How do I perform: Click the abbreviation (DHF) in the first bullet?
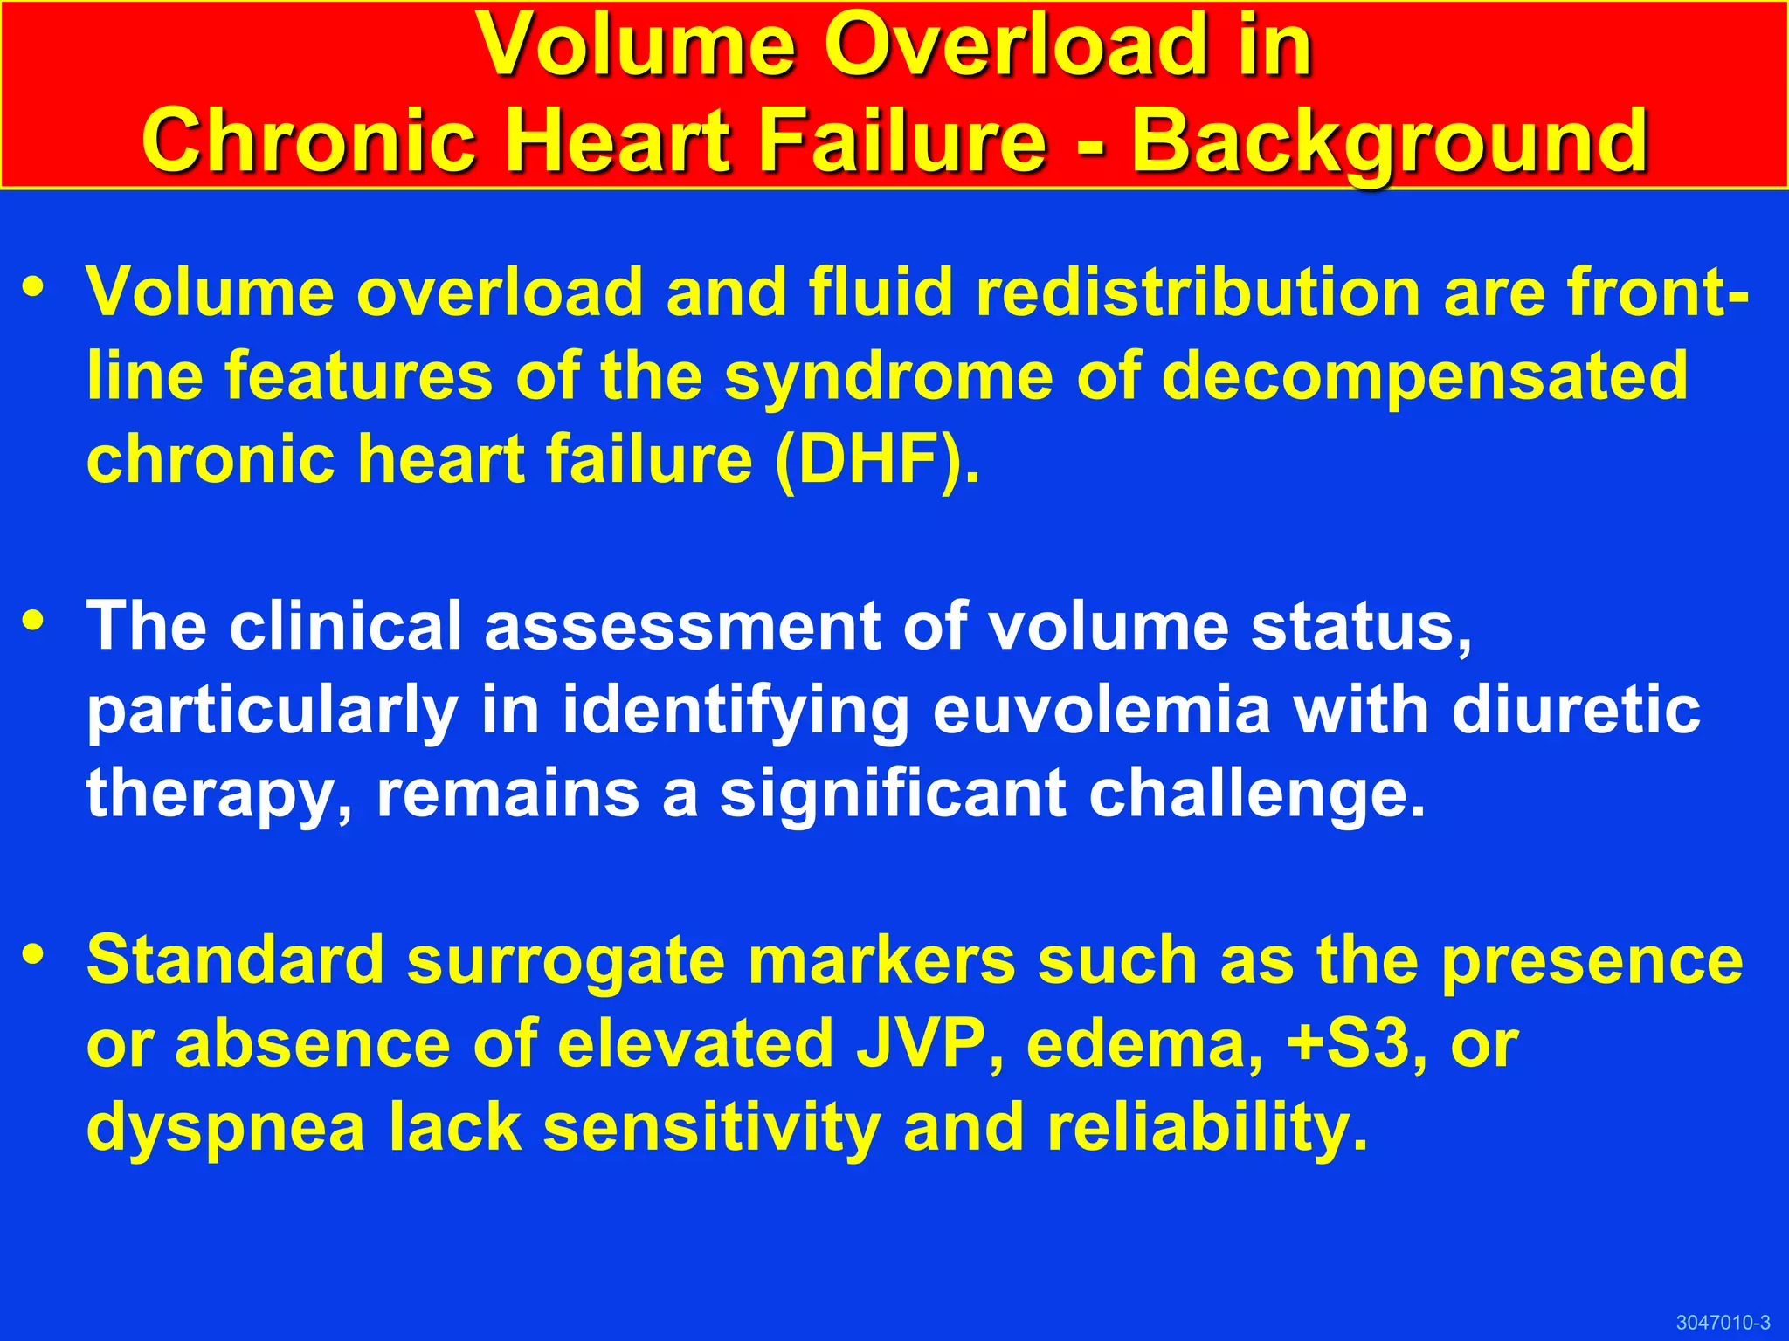pos(877,460)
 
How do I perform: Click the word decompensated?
pos(1425,376)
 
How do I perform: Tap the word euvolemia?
pos(1102,710)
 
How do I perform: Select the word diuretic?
pos(1576,710)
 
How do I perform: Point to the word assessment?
pos(681,626)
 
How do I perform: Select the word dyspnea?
pos(225,1129)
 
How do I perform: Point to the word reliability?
pos(1206,1127)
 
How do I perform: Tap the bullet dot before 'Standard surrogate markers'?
pos(34,954)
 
